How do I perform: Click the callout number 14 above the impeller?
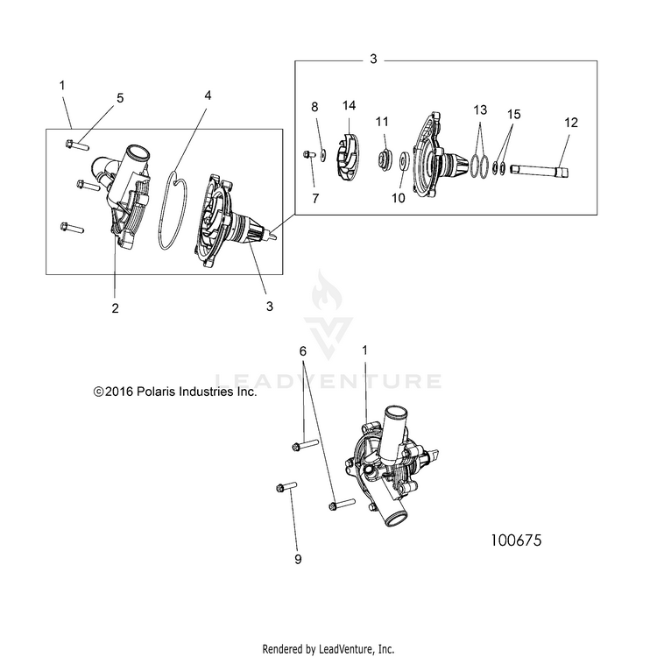349,106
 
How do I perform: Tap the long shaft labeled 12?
540,171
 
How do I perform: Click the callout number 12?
570,123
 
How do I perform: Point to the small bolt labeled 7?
309,155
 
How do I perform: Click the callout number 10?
398,198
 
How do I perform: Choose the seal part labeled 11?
385,160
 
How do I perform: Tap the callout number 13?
480,109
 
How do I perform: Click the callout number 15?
513,114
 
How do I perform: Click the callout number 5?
120,98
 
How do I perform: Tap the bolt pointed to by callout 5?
77,145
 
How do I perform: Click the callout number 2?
116,308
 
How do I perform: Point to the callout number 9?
298,559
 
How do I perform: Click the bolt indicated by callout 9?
286,487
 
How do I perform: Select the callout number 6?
303,351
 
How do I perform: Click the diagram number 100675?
516,540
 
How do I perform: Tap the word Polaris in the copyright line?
156,392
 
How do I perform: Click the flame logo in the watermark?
327,290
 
